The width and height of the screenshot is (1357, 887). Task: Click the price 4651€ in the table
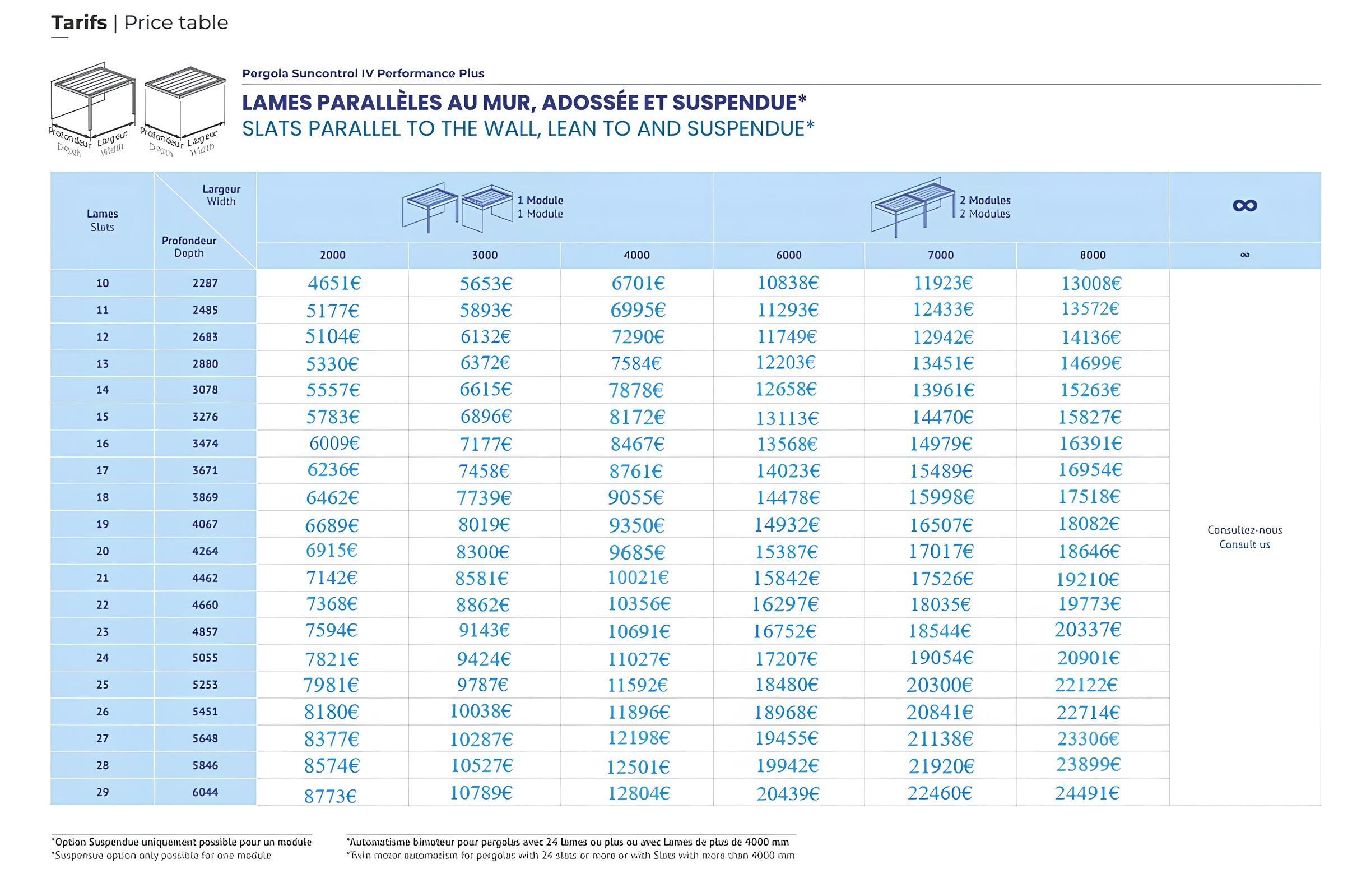(334, 284)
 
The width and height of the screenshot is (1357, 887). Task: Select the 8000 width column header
(1092, 255)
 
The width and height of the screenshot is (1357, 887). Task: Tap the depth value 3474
(205, 443)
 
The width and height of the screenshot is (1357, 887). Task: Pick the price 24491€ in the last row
(1087, 793)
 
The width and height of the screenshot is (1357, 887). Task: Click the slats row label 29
(103, 792)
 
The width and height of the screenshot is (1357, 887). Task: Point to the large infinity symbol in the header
(1244, 205)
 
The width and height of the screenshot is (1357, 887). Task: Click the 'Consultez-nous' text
(1244, 530)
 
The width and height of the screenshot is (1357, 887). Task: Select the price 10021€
(638, 578)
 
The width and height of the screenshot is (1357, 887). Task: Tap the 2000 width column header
(332, 255)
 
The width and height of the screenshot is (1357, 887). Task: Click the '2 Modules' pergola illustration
(912, 206)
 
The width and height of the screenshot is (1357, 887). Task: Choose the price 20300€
(939, 685)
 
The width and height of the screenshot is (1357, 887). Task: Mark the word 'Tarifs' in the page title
(79, 23)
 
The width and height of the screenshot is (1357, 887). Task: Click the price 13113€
(787, 418)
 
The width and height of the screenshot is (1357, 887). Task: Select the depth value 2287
(205, 283)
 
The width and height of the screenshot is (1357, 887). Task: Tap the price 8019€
(484, 525)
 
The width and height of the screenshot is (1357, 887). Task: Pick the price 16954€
(1090, 470)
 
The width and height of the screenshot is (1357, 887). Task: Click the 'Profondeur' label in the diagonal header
(189, 241)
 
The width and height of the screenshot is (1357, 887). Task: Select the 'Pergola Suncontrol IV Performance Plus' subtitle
(363, 73)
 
